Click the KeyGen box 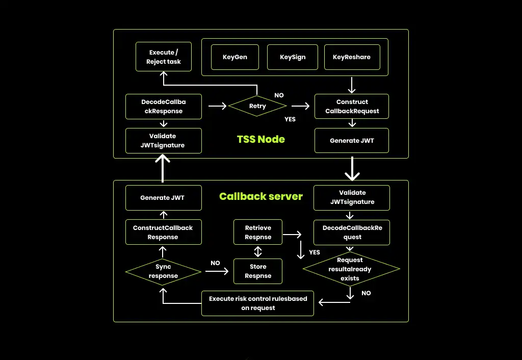click(235, 57)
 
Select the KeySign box click(293, 57)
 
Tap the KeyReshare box click(352, 57)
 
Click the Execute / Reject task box click(164, 57)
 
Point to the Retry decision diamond click(257, 106)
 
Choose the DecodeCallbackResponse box click(164, 107)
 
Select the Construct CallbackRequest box click(352, 107)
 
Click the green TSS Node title click(261, 139)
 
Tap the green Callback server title click(261, 196)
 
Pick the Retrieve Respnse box click(258, 233)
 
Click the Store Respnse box click(258, 271)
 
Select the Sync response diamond click(163, 271)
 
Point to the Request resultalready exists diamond click(351, 269)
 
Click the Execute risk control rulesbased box click(258, 303)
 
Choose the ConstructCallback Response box click(163, 233)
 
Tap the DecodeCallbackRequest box click(352, 233)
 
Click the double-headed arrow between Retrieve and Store click(258, 252)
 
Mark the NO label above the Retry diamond click(279, 95)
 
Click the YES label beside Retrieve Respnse click(315, 252)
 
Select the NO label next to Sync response click(215, 263)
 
